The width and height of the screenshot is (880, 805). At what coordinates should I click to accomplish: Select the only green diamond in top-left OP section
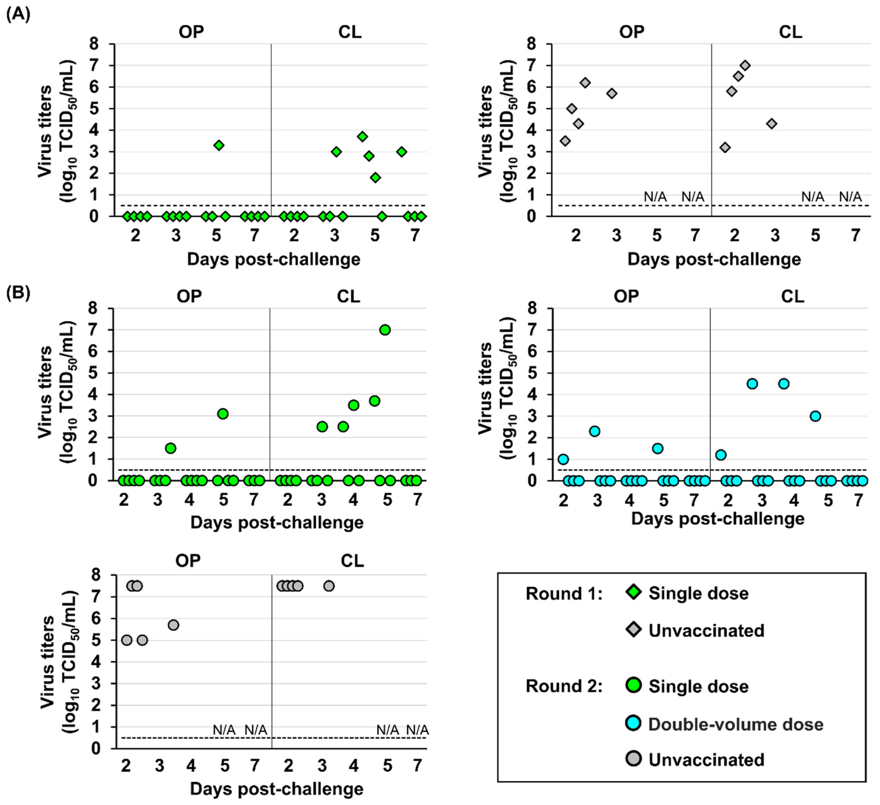click(x=219, y=145)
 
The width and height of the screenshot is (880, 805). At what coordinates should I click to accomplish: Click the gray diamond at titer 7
click(x=745, y=65)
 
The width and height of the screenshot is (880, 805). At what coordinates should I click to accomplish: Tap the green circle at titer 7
click(x=384, y=330)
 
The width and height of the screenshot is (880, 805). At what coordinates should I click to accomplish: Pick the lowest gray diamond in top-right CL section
click(x=725, y=147)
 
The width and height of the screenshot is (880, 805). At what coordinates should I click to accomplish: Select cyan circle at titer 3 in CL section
click(x=815, y=416)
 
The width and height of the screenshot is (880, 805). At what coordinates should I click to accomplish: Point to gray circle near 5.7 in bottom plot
click(x=173, y=625)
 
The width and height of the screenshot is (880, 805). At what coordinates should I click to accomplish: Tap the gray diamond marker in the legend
click(x=633, y=629)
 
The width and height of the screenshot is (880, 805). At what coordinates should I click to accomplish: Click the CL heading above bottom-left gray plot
click(x=352, y=560)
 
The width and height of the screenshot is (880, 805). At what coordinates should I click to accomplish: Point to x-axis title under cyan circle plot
click(x=718, y=519)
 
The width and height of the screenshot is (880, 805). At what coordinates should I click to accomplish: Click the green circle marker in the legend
click(x=633, y=685)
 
